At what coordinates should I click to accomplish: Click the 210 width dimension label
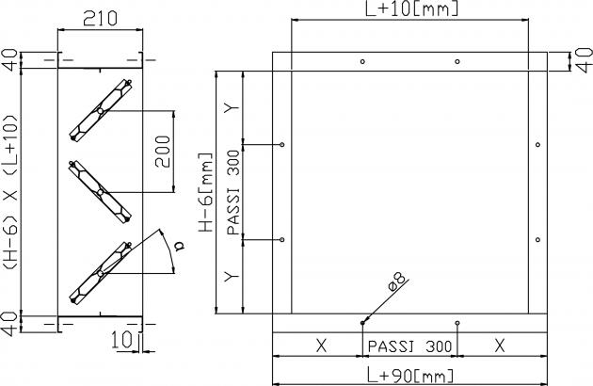point(100,18)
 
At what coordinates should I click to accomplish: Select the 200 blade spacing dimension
point(163,152)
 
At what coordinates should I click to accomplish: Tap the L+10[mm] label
point(412,8)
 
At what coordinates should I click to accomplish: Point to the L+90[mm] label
point(410,377)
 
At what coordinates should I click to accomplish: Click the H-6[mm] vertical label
point(206,192)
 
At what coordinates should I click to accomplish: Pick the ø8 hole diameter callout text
point(397,281)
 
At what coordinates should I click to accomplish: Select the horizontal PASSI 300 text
point(410,346)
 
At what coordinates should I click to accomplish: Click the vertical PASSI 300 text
point(233,192)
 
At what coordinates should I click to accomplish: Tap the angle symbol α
point(180,247)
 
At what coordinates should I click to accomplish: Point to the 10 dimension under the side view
point(121,340)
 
